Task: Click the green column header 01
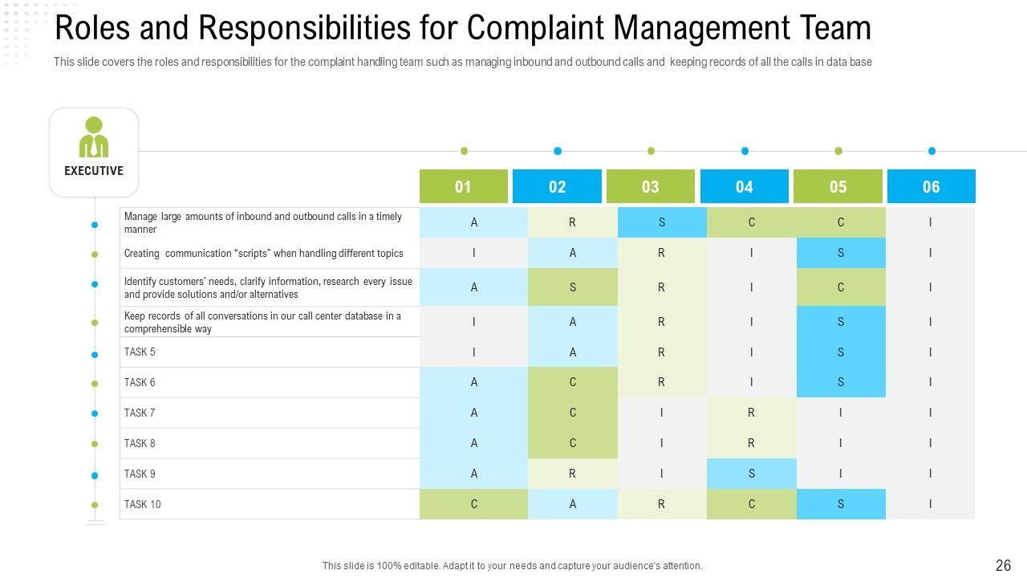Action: coord(463,186)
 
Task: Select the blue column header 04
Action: coord(744,186)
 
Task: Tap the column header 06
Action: coord(931,186)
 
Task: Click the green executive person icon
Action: coord(94,137)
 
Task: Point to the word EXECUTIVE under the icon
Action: coord(94,171)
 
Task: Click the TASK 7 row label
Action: coord(140,413)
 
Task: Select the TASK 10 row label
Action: coord(142,504)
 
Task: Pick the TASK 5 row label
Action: coord(140,352)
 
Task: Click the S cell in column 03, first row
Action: coord(662,222)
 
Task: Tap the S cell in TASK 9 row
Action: coord(752,474)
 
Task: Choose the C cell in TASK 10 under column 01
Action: coord(474,504)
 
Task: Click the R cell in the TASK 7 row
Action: coord(752,413)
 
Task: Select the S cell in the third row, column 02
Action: coord(573,287)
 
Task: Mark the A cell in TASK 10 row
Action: coord(573,504)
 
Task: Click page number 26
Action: coord(1003,565)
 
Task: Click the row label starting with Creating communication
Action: coord(263,253)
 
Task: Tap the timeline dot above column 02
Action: coord(558,151)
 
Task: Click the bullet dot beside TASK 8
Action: coord(95,444)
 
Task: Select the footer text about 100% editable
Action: coord(512,565)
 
